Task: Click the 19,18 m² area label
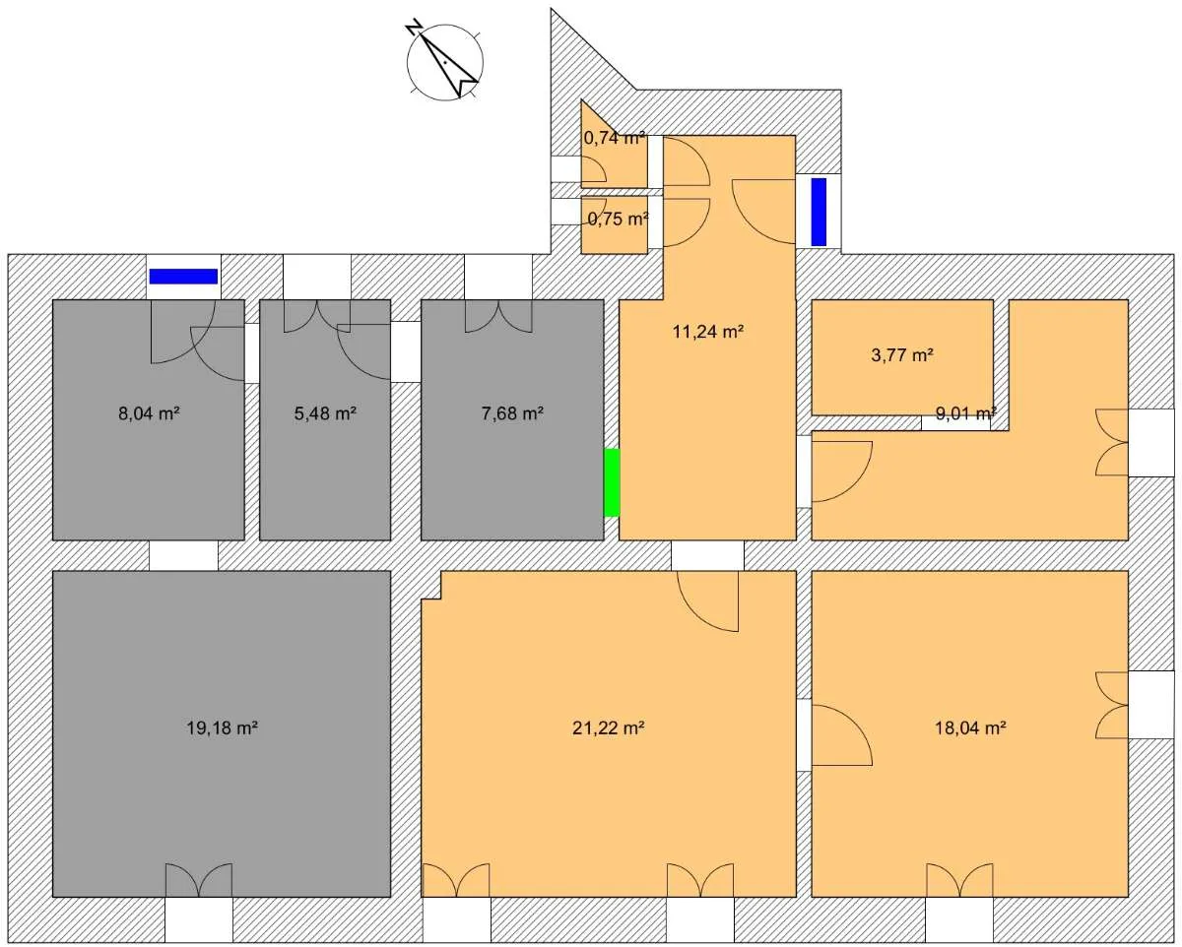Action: tap(223, 728)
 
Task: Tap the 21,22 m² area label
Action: tap(608, 728)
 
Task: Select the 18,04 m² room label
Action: tap(970, 728)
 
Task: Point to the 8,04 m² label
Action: tap(150, 413)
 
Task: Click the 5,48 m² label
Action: tap(325, 413)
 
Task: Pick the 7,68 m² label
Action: tap(512, 413)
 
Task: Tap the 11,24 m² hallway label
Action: tap(708, 332)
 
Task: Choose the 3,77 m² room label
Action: tap(902, 355)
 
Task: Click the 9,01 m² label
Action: tap(966, 413)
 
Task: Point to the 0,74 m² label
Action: tap(614, 139)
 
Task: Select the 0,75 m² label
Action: tap(619, 220)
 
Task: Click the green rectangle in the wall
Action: tap(612, 482)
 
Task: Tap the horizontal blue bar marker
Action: tap(183, 277)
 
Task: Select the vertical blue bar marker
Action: tap(819, 212)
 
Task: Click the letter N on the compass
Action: tap(415, 28)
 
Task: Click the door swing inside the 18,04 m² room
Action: tap(842, 735)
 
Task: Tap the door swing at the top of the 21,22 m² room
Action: tap(708, 601)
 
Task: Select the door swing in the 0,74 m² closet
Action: tap(594, 169)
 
